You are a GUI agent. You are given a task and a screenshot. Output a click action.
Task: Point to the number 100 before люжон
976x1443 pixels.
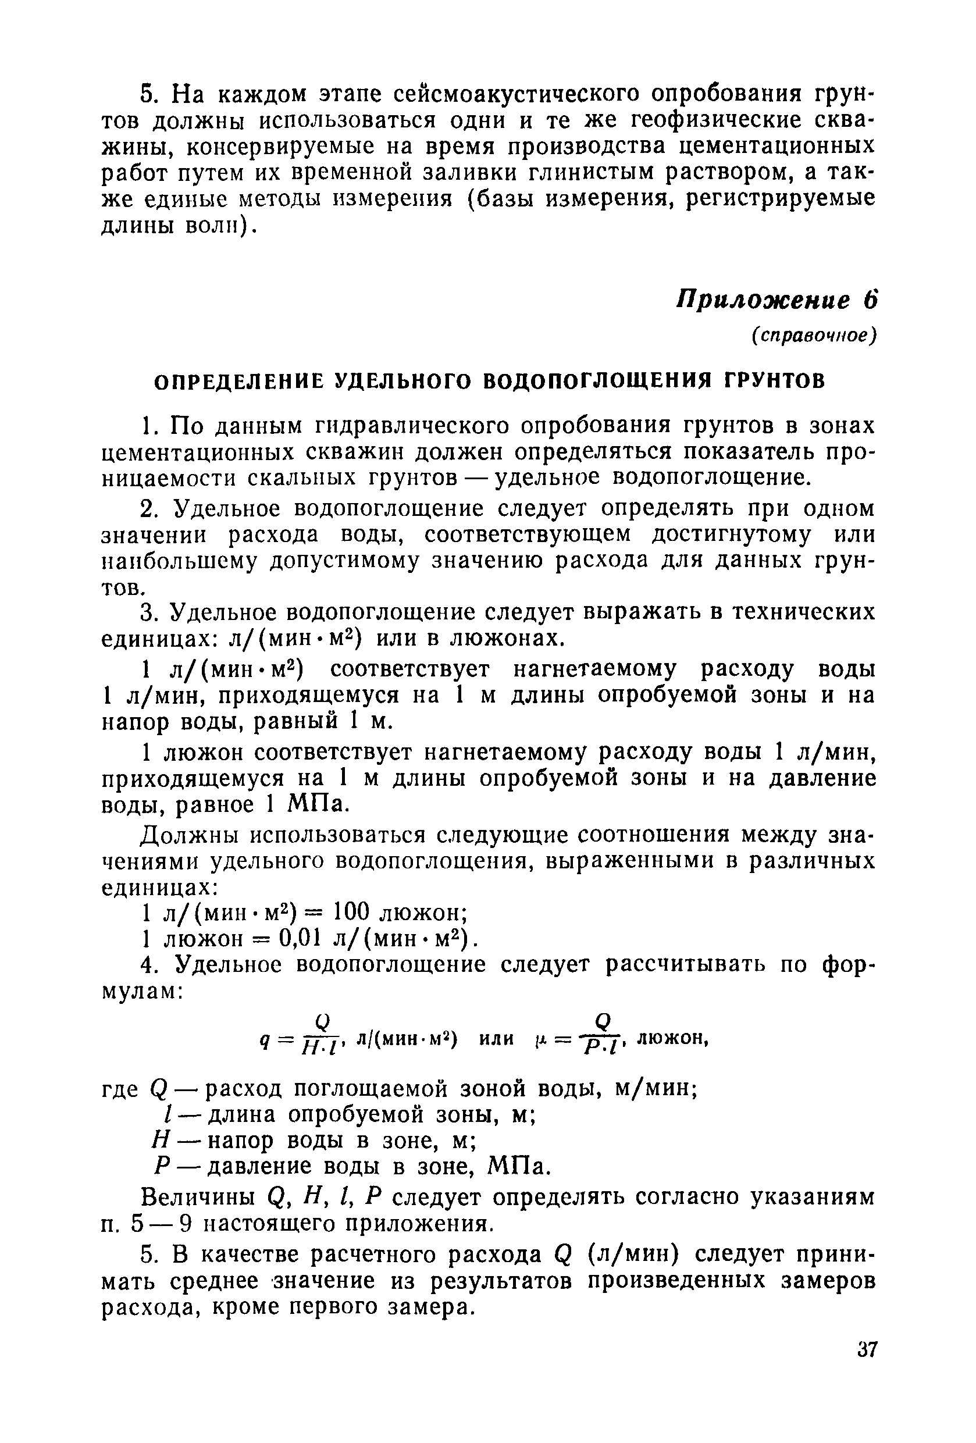(x=351, y=911)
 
